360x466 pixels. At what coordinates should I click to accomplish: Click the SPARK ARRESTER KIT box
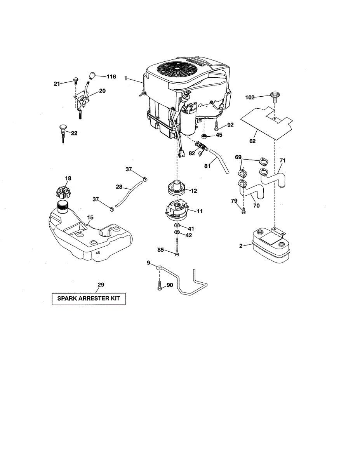pos(89,299)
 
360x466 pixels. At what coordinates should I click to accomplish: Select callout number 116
pos(111,77)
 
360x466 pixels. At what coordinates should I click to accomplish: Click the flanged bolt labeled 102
pos(275,96)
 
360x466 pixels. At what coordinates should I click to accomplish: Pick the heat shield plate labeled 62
pos(268,121)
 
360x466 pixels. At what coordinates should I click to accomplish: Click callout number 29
pos(101,285)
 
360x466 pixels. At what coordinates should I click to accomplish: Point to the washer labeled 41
pos(177,226)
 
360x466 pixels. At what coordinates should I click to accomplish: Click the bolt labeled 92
pos(216,126)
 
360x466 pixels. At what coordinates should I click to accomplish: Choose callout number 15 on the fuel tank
pos(90,218)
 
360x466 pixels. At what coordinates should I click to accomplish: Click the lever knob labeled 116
pos(93,75)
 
